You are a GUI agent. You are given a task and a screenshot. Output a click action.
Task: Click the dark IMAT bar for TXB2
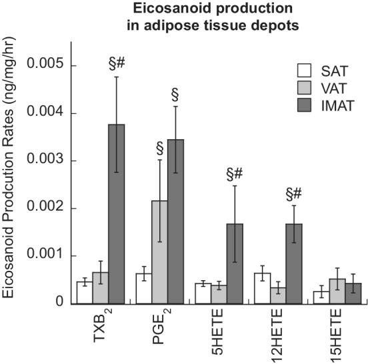pyautogui.click(x=117, y=214)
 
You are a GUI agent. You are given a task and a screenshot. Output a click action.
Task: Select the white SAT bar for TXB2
pyautogui.click(x=85, y=292)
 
